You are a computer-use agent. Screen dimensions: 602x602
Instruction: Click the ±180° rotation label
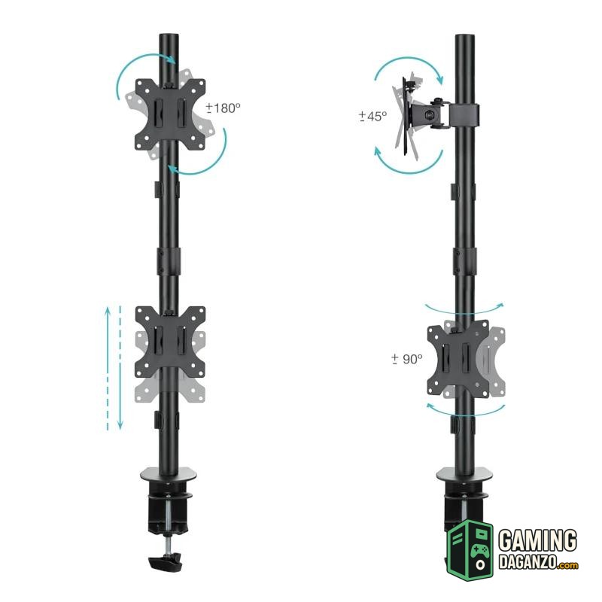click(x=223, y=108)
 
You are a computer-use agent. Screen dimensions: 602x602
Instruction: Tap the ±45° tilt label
click(x=373, y=116)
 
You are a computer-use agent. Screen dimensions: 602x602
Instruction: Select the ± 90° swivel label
click(x=407, y=359)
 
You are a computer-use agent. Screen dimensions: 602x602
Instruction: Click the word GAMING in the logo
click(x=537, y=540)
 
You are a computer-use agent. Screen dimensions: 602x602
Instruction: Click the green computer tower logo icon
click(x=470, y=550)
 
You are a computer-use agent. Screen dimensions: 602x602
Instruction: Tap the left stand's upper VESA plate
click(x=170, y=114)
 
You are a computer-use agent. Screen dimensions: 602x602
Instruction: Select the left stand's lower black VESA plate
click(x=170, y=342)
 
